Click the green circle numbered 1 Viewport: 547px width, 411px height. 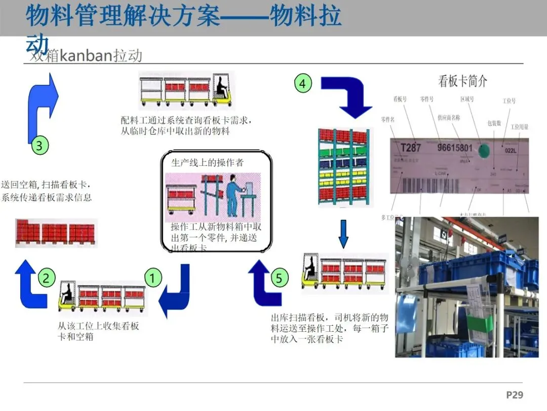point(153,278)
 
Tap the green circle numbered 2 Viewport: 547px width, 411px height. point(46,278)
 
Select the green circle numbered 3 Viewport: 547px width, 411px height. point(40,146)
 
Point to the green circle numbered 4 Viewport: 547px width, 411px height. point(303,83)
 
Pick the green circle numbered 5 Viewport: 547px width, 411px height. point(279,278)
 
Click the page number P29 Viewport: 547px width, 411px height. point(514,395)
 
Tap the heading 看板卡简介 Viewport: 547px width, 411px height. point(462,81)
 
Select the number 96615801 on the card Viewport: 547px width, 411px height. point(455,149)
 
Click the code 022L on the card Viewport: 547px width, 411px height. point(512,150)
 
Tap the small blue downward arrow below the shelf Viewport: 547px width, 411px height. point(343,233)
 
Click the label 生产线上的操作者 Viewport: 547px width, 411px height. point(207,162)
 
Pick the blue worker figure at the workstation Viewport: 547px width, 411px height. point(233,193)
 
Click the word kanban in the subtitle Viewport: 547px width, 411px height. point(86,55)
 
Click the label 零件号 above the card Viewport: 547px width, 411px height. point(427,99)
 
